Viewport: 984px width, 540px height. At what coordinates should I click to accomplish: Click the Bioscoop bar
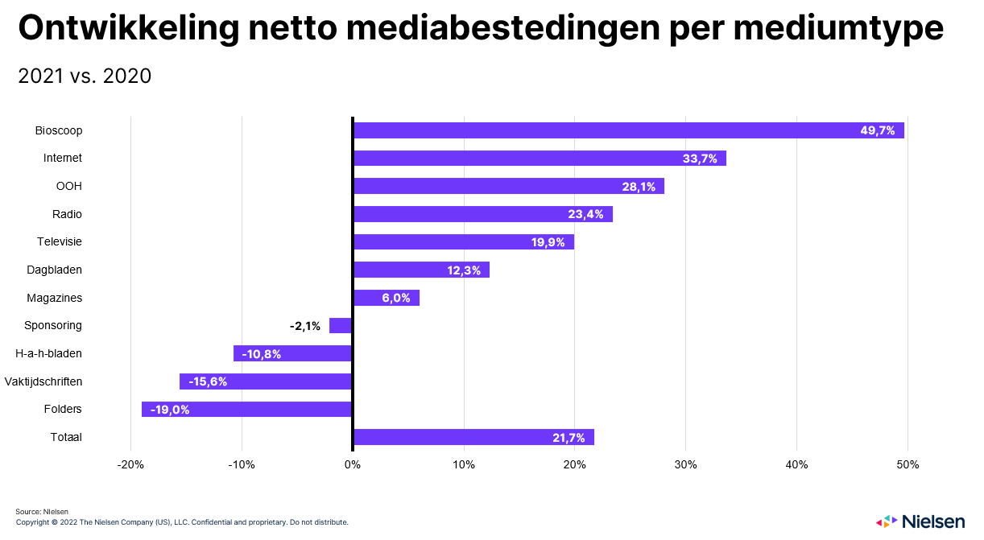(628, 130)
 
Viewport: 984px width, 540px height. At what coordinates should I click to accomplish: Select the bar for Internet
(540, 159)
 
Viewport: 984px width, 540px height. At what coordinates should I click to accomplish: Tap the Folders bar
(247, 410)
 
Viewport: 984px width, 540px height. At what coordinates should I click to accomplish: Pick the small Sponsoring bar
(341, 326)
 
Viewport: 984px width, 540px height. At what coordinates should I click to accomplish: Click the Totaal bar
(473, 437)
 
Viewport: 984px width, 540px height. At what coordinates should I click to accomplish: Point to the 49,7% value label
(878, 130)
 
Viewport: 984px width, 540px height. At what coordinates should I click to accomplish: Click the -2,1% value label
(305, 326)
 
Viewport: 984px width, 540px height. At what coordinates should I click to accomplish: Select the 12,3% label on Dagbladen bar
(464, 270)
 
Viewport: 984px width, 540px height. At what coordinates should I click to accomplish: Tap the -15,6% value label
(208, 381)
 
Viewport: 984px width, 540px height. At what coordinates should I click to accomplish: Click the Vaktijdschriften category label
(43, 381)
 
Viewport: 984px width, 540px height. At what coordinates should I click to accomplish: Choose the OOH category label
(70, 187)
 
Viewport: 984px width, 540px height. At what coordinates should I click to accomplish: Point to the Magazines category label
(55, 298)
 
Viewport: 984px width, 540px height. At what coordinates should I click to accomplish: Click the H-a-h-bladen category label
(50, 353)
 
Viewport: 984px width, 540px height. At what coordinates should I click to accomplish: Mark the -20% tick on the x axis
(130, 465)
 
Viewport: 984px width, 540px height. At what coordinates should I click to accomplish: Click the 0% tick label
(353, 465)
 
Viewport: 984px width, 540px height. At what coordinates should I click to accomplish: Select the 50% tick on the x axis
(908, 465)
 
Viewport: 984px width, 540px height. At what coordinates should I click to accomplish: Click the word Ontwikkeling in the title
(129, 29)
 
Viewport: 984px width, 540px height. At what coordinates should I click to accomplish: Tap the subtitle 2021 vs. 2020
(85, 76)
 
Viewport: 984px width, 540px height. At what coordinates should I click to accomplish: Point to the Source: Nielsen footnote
(42, 512)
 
